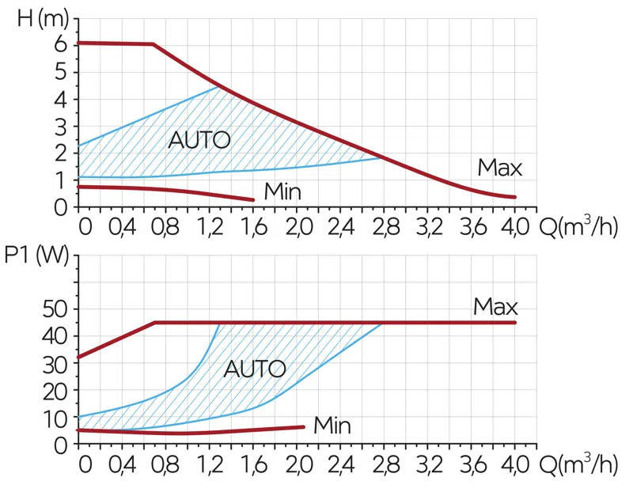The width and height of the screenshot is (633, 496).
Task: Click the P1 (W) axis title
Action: tap(36, 257)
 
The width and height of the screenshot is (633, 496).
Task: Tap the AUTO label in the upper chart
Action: tap(199, 141)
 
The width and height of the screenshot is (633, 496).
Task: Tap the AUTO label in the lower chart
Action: tap(255, 369)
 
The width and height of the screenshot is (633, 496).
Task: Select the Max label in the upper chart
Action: tap(499, 168)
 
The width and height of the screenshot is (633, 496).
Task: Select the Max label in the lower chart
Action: tap(495, 307)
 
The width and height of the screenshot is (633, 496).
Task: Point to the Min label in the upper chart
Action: tap(282, 191)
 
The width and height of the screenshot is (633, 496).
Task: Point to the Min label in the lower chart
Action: tap(332, 426)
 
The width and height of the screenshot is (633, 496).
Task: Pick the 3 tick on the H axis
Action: tap(61, 127)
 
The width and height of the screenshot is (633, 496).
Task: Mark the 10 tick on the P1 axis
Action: tap(55, 418)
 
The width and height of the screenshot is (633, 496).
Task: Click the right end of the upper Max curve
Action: tap(515, 197)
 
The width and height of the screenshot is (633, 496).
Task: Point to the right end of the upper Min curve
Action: tap(253, 199)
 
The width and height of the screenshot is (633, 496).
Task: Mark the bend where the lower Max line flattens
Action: tap(155, 323)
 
